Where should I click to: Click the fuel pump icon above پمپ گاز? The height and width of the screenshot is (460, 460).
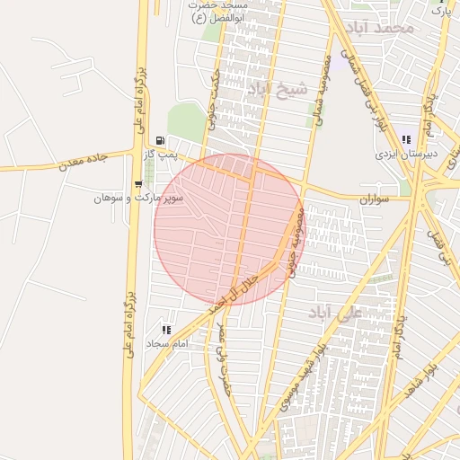pyautogui.click(x=160, y=140)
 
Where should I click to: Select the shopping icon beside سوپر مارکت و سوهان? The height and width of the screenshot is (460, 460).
pyautogui.click(x=149, y=186)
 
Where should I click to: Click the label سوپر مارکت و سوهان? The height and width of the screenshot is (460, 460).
pyautogui.click(x=139, y=198)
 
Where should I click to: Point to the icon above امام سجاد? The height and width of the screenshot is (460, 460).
pyautogui.click(x=165, y=330)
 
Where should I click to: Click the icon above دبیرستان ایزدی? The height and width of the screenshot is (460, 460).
pyautogui.click(x=406, y=139)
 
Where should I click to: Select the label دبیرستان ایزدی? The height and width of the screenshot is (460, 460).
pyautogui.click(x=407, y=154)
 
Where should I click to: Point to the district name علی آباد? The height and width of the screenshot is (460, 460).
pyautogui.click(x=333, y=312)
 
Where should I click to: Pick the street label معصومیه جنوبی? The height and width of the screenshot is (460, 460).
pyautogui.click(x=297, y=243)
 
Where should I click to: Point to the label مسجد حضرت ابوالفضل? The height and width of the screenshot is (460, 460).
pyautogui.click(x=218, y=11)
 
